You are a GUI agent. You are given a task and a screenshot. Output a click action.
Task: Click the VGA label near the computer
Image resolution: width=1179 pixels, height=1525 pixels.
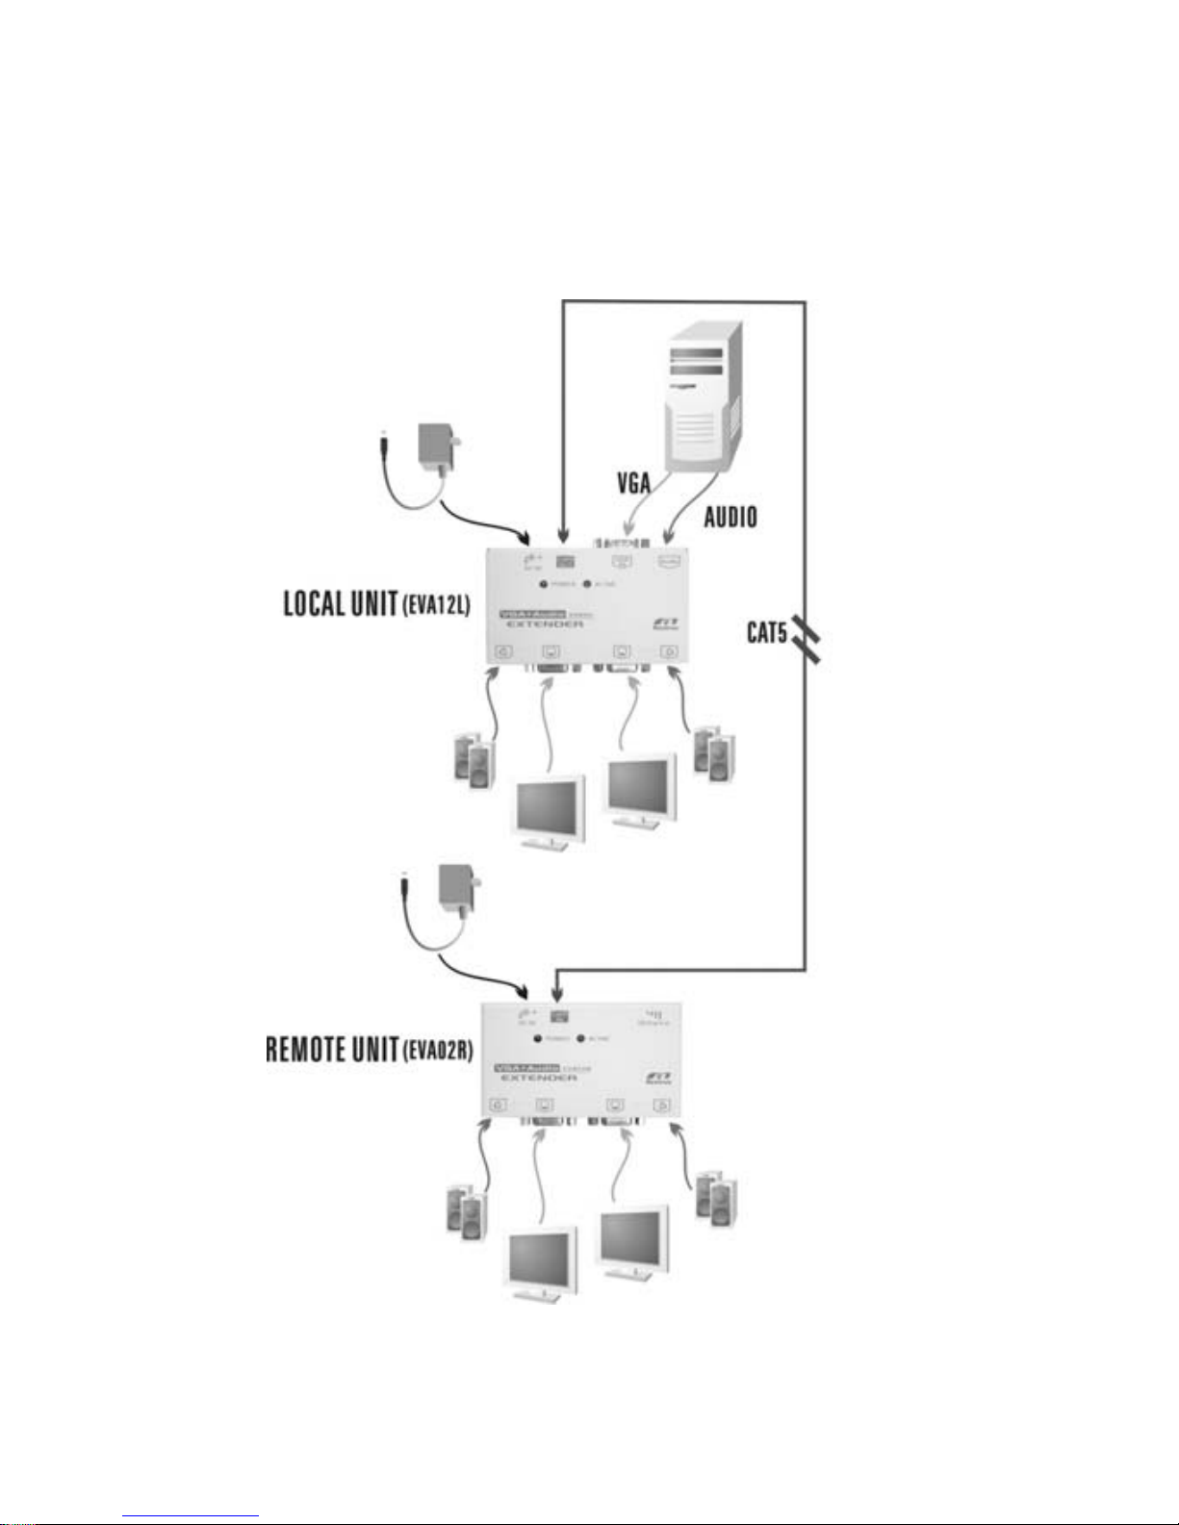(x=634, y=480)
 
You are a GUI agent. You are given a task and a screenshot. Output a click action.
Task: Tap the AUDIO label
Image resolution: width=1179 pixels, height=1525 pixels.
(x=730, y=517)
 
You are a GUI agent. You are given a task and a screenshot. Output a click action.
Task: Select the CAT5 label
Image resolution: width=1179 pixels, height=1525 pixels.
(x=767, y=633)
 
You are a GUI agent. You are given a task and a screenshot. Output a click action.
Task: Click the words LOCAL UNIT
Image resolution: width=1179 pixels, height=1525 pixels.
(x=340, y=603)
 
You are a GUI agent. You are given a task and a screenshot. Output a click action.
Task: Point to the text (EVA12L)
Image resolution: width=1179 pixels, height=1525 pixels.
(x=435, y=606)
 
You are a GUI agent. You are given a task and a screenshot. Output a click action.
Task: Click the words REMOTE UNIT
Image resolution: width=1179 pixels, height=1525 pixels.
(x=331, y=1049)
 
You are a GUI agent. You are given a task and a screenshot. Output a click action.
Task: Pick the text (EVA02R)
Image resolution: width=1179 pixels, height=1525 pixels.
(x=436, y=1051)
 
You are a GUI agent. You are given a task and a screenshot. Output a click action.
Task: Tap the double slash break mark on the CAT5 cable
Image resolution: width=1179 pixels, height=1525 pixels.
(x=807, y=640)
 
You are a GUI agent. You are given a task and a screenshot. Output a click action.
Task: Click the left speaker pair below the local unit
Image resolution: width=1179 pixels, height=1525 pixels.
(x=474, y=761)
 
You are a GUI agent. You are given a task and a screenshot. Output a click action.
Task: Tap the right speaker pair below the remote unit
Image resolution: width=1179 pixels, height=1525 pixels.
(x=716, y=1198)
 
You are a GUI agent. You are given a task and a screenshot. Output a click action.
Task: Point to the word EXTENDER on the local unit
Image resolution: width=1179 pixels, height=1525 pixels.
(x=545, y=624)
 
